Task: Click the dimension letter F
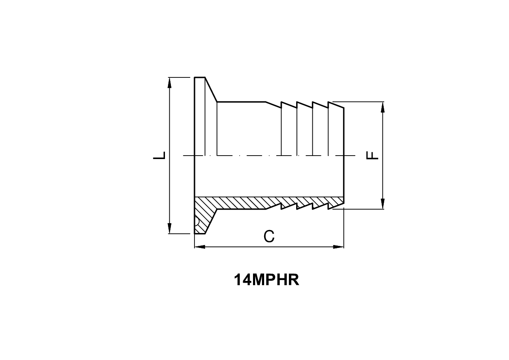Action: [373, 155]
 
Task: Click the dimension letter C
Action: [269, 236]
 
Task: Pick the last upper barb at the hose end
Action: [336, 105]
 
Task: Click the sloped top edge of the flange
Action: [211, 89]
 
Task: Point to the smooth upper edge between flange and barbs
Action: [241, 102]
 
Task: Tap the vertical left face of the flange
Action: [194, 128]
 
